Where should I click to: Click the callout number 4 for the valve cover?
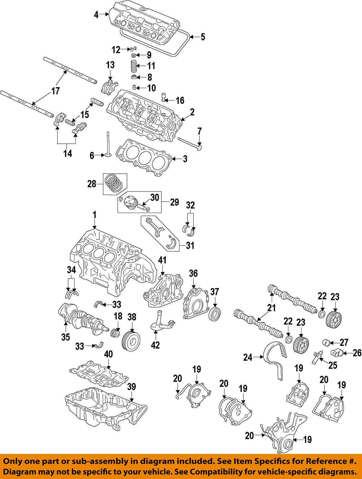(x=96, y=15)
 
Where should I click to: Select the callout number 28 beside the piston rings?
(x=92, y=184)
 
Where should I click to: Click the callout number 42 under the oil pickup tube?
(x=155, y=345)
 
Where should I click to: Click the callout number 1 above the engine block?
(x=95, y=215)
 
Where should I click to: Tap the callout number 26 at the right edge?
(x=357, y=353)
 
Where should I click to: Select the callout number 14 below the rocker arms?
(x=68, y=153)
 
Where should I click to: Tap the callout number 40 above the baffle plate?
(x=108, y=354)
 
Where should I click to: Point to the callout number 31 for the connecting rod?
(x=190, y=245)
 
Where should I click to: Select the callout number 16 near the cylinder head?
(x=180, y=100)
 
